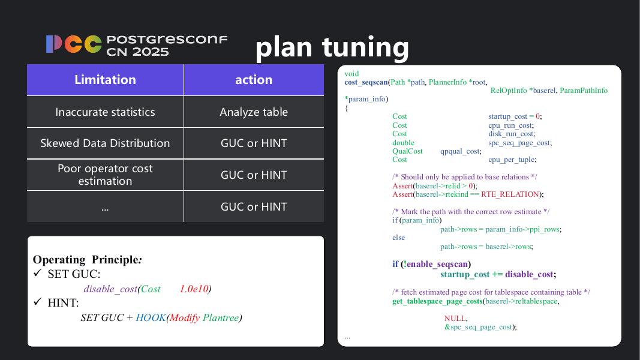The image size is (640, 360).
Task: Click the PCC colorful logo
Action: [x=74, y=44]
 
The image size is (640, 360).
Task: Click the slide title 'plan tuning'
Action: [x=332, y=47]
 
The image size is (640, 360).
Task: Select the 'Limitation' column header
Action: [x=105, y=80]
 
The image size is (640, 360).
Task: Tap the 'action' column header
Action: [x=254, y=80]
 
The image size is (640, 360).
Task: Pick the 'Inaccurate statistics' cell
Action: [x=105, y=112]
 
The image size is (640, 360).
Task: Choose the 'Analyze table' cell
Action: [x=254, y=112]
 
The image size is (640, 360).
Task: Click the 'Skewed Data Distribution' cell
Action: [x=105, y=143]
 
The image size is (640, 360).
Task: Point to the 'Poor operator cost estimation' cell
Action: [x=105, y=175]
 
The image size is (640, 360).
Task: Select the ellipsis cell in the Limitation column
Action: [x=105, y=207]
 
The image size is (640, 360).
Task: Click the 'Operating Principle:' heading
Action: [x=87, y=260]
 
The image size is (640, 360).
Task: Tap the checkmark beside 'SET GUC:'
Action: [x=38, y=274]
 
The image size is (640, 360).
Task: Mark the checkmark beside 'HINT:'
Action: [x=38, y=302]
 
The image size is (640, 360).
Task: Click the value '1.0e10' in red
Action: [x=194, y=289]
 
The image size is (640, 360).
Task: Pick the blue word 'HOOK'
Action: [x=151, y=317]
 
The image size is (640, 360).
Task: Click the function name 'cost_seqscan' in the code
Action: [x=366, y=82]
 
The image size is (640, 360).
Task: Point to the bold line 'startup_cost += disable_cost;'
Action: [x=498, y=274]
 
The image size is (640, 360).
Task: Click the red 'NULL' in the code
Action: [x=455, y=319]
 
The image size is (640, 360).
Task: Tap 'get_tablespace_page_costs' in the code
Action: [x=437, y=301]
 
